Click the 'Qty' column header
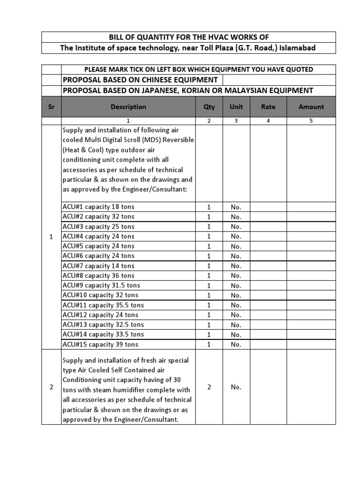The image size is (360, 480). [209, 107]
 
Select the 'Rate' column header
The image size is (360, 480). [268, 107]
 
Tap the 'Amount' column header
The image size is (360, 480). [311, 107]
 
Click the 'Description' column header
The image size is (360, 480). [128, 107]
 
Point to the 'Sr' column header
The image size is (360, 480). [52, 107]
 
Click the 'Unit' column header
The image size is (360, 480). [236, 107]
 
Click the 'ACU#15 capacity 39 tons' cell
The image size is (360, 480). [100, 345]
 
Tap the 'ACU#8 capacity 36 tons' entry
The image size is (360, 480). [98, 276]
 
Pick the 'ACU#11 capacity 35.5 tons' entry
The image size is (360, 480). [103, 305]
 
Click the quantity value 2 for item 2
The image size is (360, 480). [209, 387]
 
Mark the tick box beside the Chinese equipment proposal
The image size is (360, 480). [52, 80]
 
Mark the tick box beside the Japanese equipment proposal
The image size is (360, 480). [52, 90]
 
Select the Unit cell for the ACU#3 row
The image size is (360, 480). [236, 226]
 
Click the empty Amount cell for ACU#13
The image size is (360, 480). [311, 325]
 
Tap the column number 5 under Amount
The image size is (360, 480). [311, 120]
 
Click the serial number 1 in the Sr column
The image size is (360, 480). [52, 237]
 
